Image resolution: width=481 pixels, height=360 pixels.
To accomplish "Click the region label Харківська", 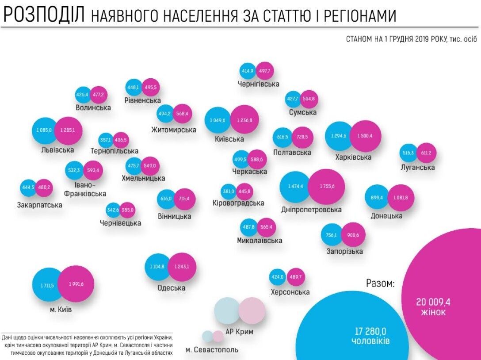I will (x=353, y=157).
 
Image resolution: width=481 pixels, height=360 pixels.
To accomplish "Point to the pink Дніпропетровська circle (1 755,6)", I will (x=327, y=187).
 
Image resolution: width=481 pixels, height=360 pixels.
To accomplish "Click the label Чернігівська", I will (x=258, y=84).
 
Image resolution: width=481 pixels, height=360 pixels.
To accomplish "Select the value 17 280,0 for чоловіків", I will (x=370, y=331).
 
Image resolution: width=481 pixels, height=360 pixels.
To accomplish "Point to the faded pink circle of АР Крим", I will (x=252, y=310).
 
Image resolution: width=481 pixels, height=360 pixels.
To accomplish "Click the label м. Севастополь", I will (x=212, y=350).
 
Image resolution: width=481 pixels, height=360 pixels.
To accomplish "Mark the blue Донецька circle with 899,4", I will (x=377, y=198).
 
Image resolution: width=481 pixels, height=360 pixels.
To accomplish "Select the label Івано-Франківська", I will (x=85, y=189).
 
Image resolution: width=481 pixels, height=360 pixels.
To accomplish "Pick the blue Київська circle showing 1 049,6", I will (x=218, y=120).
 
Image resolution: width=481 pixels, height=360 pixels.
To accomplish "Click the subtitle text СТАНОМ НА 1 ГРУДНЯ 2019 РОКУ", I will (x=396, y=39).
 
